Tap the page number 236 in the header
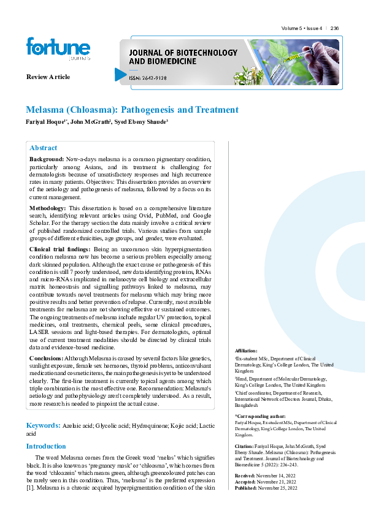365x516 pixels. (334, 29)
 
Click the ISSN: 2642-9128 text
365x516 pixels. (147, 78)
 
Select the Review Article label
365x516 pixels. (48, 77)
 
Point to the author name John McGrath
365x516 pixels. (90, 121)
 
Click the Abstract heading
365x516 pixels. (43, 148)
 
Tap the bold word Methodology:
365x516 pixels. (48, 208)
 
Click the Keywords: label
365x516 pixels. (43, 425)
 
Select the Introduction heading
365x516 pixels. (46, 446)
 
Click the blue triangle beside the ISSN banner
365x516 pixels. (120, 75)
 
